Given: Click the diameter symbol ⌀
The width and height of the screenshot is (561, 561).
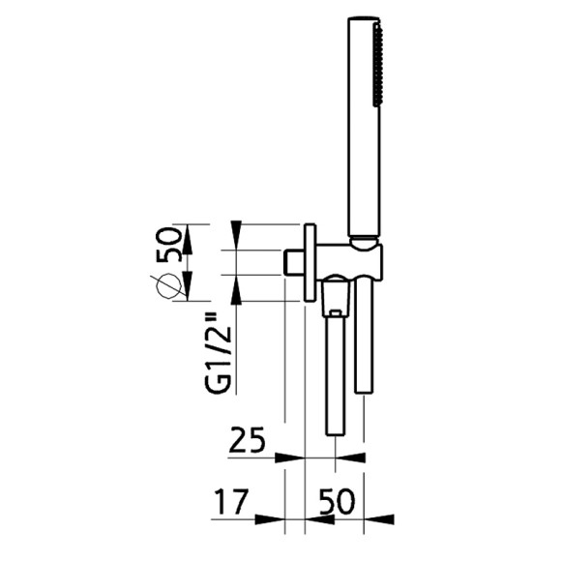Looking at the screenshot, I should (x=170, y=285).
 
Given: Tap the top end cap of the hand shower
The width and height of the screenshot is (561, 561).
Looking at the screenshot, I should (x=363, y=19).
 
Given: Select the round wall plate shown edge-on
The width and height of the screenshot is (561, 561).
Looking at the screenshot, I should (x=309, y=262).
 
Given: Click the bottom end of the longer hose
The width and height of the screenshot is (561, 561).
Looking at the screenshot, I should (x=335, y=433).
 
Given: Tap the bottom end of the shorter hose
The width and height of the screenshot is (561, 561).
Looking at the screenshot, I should (x=363, y=389).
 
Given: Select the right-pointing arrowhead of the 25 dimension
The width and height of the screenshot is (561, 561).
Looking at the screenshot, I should (x=292, y=457).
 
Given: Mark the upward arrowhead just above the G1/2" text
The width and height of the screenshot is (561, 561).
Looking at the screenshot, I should (x=236, y=287).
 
